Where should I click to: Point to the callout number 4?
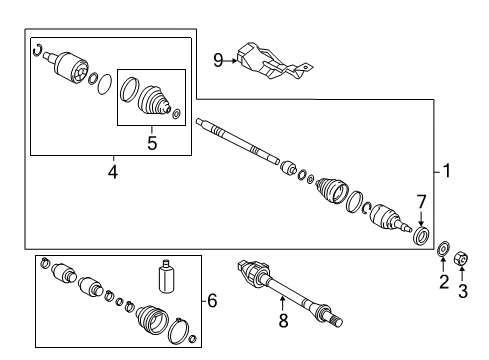pos(112,171)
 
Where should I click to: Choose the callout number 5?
pos(153,142)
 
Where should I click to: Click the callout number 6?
pos(212,300)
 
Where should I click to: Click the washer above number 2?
pos(443,248)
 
